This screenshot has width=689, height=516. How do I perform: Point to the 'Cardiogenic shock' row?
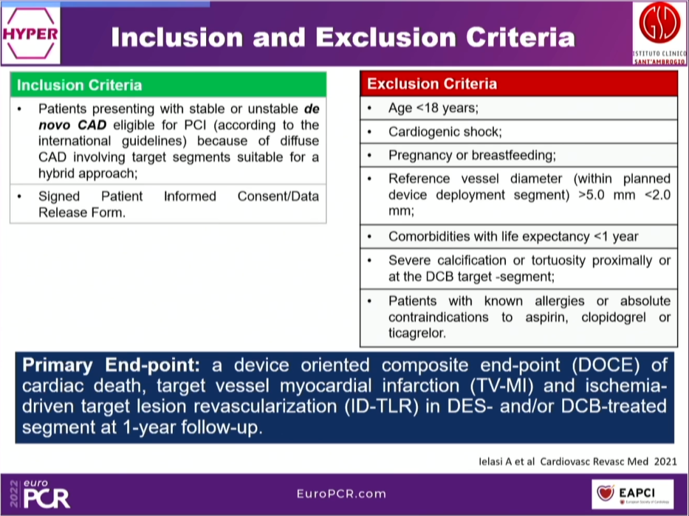click(445, 132)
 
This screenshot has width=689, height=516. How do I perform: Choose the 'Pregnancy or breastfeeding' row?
click(472, 155)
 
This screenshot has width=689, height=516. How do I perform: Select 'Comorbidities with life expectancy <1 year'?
click(513, 236)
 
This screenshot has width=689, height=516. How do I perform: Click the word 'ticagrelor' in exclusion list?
click(417, 333)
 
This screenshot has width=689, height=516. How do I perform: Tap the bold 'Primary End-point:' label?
click(112, 365)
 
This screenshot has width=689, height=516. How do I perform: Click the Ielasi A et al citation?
click(577, 461)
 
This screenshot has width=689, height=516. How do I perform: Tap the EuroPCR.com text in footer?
click(341, 494)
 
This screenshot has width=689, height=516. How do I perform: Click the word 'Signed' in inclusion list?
click(59, 196)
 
